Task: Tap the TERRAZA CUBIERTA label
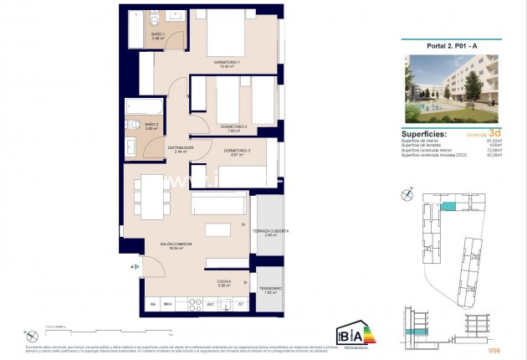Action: [271, 231]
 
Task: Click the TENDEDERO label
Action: [270, 289]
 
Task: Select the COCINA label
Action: [224, 282]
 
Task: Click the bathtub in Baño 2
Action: [143, 107]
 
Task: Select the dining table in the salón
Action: [151, 198]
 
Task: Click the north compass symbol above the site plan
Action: [407, 194]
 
